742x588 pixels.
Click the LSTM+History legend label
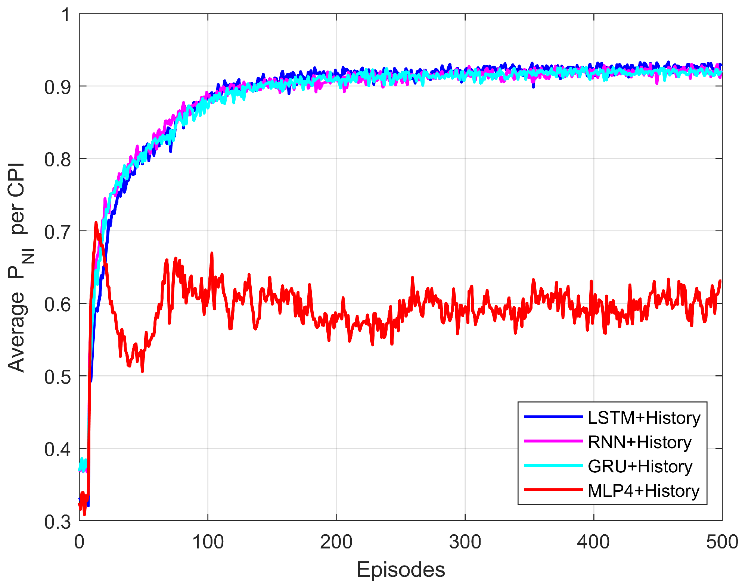pos(644,418)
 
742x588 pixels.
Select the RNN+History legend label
pos(639,442)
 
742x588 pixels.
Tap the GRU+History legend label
pos(640,466)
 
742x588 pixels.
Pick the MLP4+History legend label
pos(643,491)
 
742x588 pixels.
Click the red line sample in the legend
pos(553,490)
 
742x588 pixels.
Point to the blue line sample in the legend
pos(553,417)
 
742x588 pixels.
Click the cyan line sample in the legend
pos(553,465)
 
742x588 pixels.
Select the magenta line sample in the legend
pos(553,441)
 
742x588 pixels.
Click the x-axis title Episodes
pos(401,570)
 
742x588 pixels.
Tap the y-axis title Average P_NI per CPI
pos(19,267)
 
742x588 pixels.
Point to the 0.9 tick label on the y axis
pos(57,87)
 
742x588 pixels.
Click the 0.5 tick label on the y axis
pos(57,377)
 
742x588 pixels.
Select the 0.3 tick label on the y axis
pos(57,522)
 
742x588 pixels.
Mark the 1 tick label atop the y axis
pos(66,15)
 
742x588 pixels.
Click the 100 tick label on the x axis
pos(208,542)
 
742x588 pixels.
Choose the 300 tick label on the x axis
pos(465,542)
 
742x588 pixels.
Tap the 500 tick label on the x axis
pos(721,542)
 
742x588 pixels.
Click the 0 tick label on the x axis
pos(79,542)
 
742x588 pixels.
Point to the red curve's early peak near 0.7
pos(96,223)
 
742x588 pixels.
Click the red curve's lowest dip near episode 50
pos(142,371)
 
